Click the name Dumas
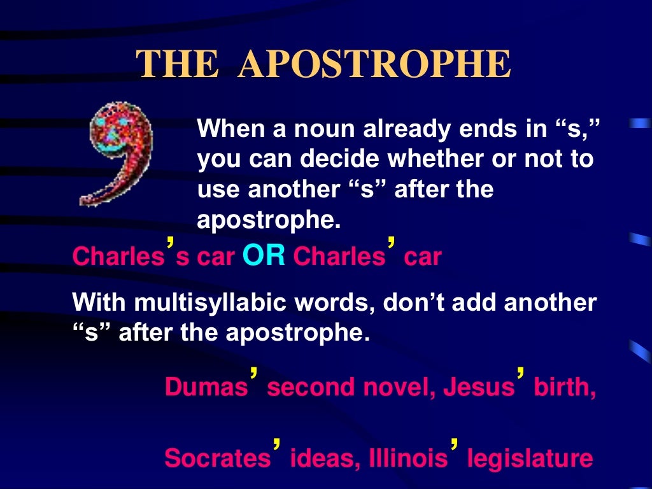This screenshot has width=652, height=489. [x=206, y=386]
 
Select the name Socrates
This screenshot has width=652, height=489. [x=217, y=458]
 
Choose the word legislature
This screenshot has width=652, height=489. [x=530, y=458]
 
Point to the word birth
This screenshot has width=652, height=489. [x=565, y=386]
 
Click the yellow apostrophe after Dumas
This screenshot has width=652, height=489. [x=254, y=372]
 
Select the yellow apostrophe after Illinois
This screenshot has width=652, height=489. [x=454, y=444]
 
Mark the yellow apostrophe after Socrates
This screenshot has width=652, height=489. [x=277, y=444]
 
